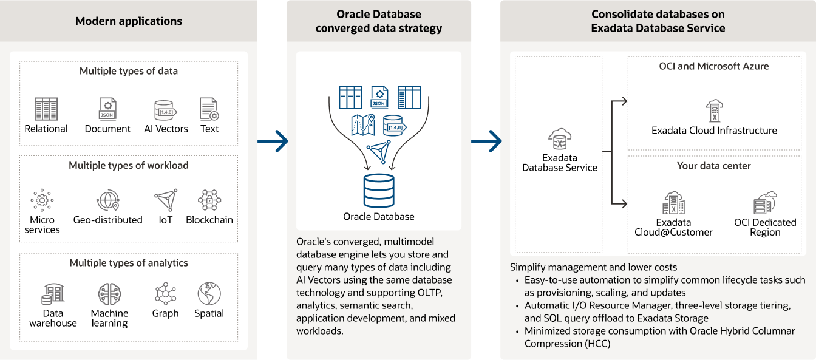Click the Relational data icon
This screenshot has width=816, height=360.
tap(46, 109)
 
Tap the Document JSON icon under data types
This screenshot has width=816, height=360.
tap(107, 109)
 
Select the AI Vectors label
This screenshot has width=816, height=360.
tap(166, 129)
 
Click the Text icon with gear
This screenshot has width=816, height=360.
tap(209, 109)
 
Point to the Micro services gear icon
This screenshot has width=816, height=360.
tap(42, 200)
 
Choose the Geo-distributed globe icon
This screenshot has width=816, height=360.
tap(107, 200)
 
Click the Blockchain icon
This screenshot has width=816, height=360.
tap(209, 200)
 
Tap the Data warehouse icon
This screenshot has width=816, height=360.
tap(53, 294)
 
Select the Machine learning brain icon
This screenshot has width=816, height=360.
tap(109, 294)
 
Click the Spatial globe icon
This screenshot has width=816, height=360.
tap(209, 294)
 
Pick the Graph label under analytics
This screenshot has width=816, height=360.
tap(166, 313)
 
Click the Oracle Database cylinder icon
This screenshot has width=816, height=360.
tap(379, 190)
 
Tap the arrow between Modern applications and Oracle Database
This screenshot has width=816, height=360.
tap(273, 141)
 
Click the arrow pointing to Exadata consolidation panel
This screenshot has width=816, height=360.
tap(486, 141)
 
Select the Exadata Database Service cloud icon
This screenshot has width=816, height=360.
tap(559, 138)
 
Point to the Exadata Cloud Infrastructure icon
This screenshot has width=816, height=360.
tap(714, 110)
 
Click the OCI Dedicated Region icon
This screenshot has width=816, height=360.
tap(765, 203)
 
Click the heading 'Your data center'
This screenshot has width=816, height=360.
tap(714, 166)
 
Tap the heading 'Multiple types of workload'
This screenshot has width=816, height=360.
tap(129, 165)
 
